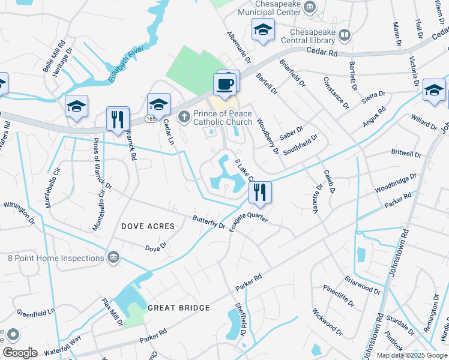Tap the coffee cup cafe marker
point(225,84)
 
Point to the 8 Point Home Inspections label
point(56,258)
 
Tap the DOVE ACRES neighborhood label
point(148,226)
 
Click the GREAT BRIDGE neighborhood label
point(179,308)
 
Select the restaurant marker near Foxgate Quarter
point(260,193)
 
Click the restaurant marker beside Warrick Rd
point(117,119)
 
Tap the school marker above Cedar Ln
point(158,105)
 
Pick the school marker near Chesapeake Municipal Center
point(263,31)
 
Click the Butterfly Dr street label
point(208,222)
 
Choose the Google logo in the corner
point(20,353)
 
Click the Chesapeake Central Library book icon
point(345,35)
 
